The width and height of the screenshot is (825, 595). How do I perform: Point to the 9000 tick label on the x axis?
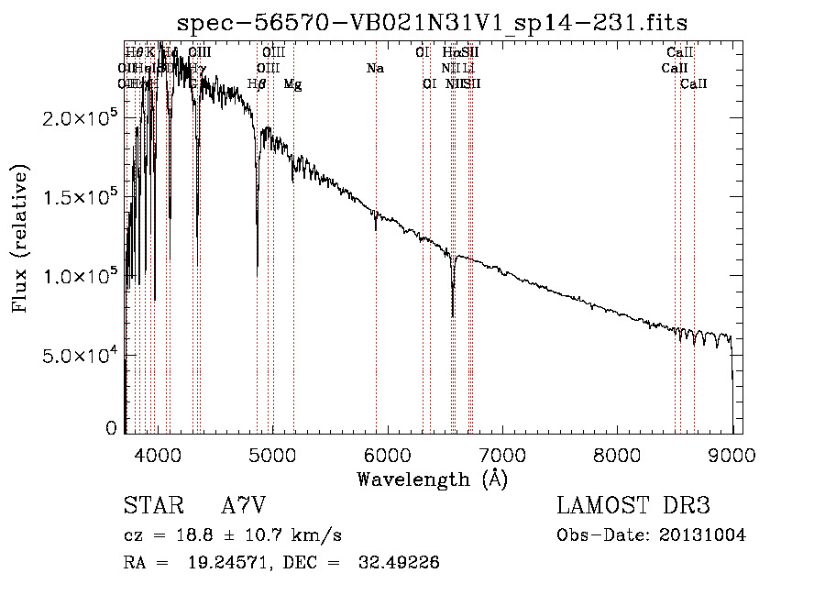click(732, 453)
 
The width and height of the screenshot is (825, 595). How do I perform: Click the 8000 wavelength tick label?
click(617, 453)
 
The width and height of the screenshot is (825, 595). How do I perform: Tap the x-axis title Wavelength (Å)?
click(432, 479)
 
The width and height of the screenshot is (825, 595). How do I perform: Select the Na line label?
click(375, 69)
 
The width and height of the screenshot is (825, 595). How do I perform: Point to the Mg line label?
click(292, 84)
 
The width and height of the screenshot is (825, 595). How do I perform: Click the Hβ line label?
click(258, 84)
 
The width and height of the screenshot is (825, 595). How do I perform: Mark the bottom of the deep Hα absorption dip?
click(453, 315)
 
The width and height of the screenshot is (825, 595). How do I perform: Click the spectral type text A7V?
click(241, 506)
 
